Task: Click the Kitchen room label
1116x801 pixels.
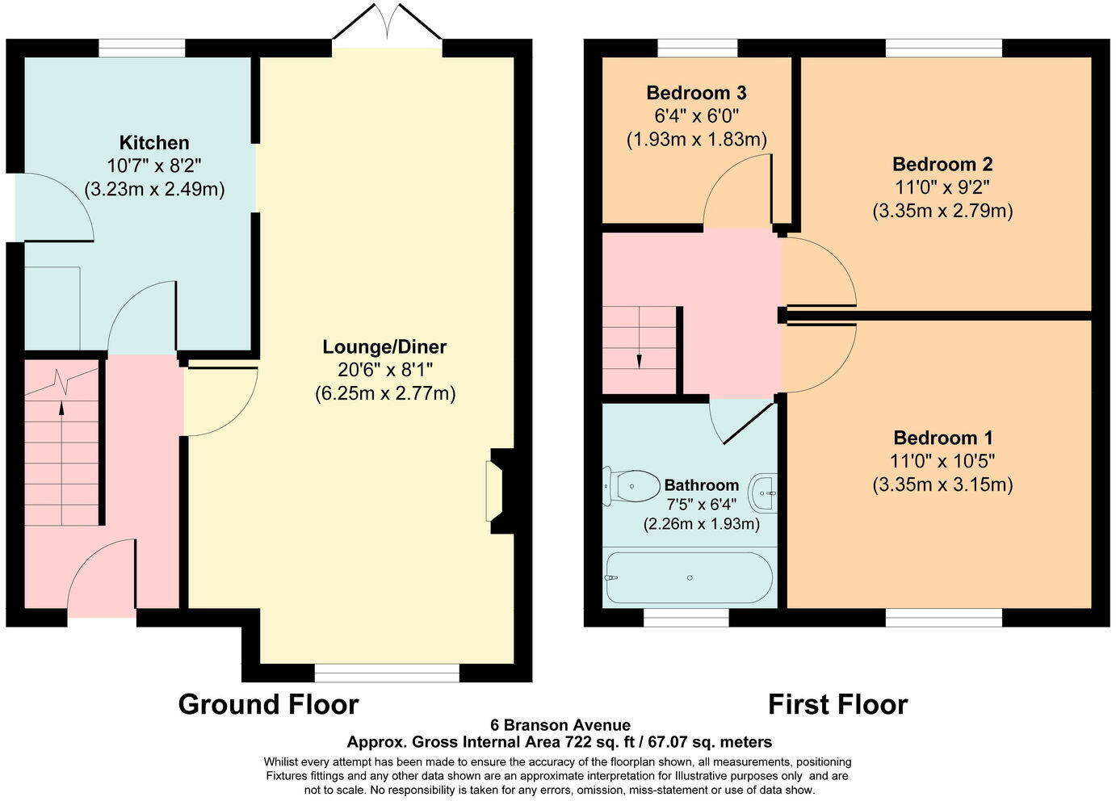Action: [154, 143]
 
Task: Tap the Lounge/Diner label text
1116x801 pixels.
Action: [384, 347]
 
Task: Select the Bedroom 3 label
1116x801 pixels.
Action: [696, 93]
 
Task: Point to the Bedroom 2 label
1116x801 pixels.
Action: [942, 165]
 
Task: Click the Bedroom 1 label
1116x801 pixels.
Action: [942, 438]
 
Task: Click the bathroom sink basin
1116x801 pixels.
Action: [764, 492]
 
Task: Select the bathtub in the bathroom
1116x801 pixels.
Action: [689, 578]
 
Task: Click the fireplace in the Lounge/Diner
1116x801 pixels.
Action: [495, 491]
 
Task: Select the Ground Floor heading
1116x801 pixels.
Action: [268, 704]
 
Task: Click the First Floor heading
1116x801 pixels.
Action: [837, 704]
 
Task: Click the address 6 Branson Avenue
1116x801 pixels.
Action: [560, 725]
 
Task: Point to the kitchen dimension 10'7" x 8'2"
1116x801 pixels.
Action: [154, 166]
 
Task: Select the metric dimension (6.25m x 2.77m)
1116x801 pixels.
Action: [384, 394]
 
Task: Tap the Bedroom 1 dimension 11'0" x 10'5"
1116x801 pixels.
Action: [942, 461]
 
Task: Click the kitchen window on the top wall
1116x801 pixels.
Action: [142, 48]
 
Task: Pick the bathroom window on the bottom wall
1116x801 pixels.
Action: [686, 618]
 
